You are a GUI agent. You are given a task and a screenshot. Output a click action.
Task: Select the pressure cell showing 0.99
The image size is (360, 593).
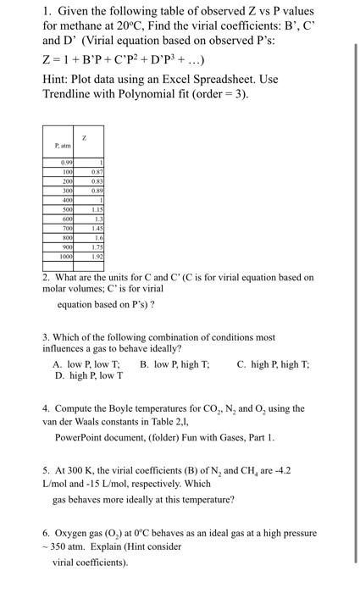[65, 162]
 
